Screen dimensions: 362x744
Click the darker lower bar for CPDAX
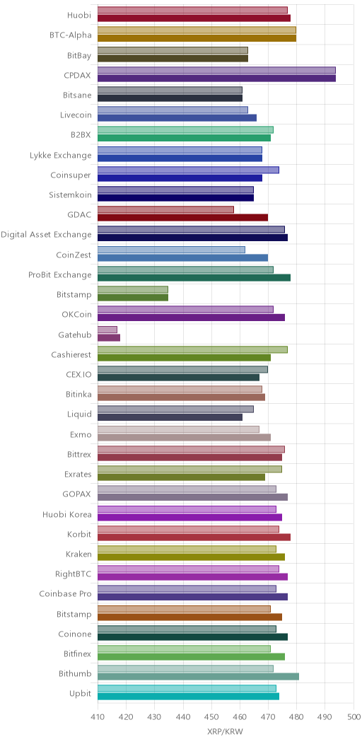[x=216, y=79]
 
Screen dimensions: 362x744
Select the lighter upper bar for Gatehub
[x=107, y=330]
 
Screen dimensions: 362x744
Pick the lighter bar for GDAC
[x=165, y=210]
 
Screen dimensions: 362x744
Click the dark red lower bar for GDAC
[x=182, y=218]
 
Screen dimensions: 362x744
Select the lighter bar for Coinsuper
[x=188, y=170]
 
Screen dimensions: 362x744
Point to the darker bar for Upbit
[x=188, y=697]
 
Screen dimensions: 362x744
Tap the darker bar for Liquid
[x=170, y=417]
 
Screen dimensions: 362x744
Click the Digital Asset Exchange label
[x=46, y=234]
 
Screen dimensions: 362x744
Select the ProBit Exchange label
[x=60, y=274]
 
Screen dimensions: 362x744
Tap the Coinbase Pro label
[x=66, y=593]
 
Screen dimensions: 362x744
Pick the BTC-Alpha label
[x=71, y=35]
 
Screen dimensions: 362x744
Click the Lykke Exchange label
[x=60, y=155]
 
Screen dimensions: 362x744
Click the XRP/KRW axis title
[x=226, y=732]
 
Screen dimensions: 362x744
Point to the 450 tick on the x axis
[x=211, y=716]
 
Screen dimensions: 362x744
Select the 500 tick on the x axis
[x=354, y=716]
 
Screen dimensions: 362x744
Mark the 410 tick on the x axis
[x=98, y=716]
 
